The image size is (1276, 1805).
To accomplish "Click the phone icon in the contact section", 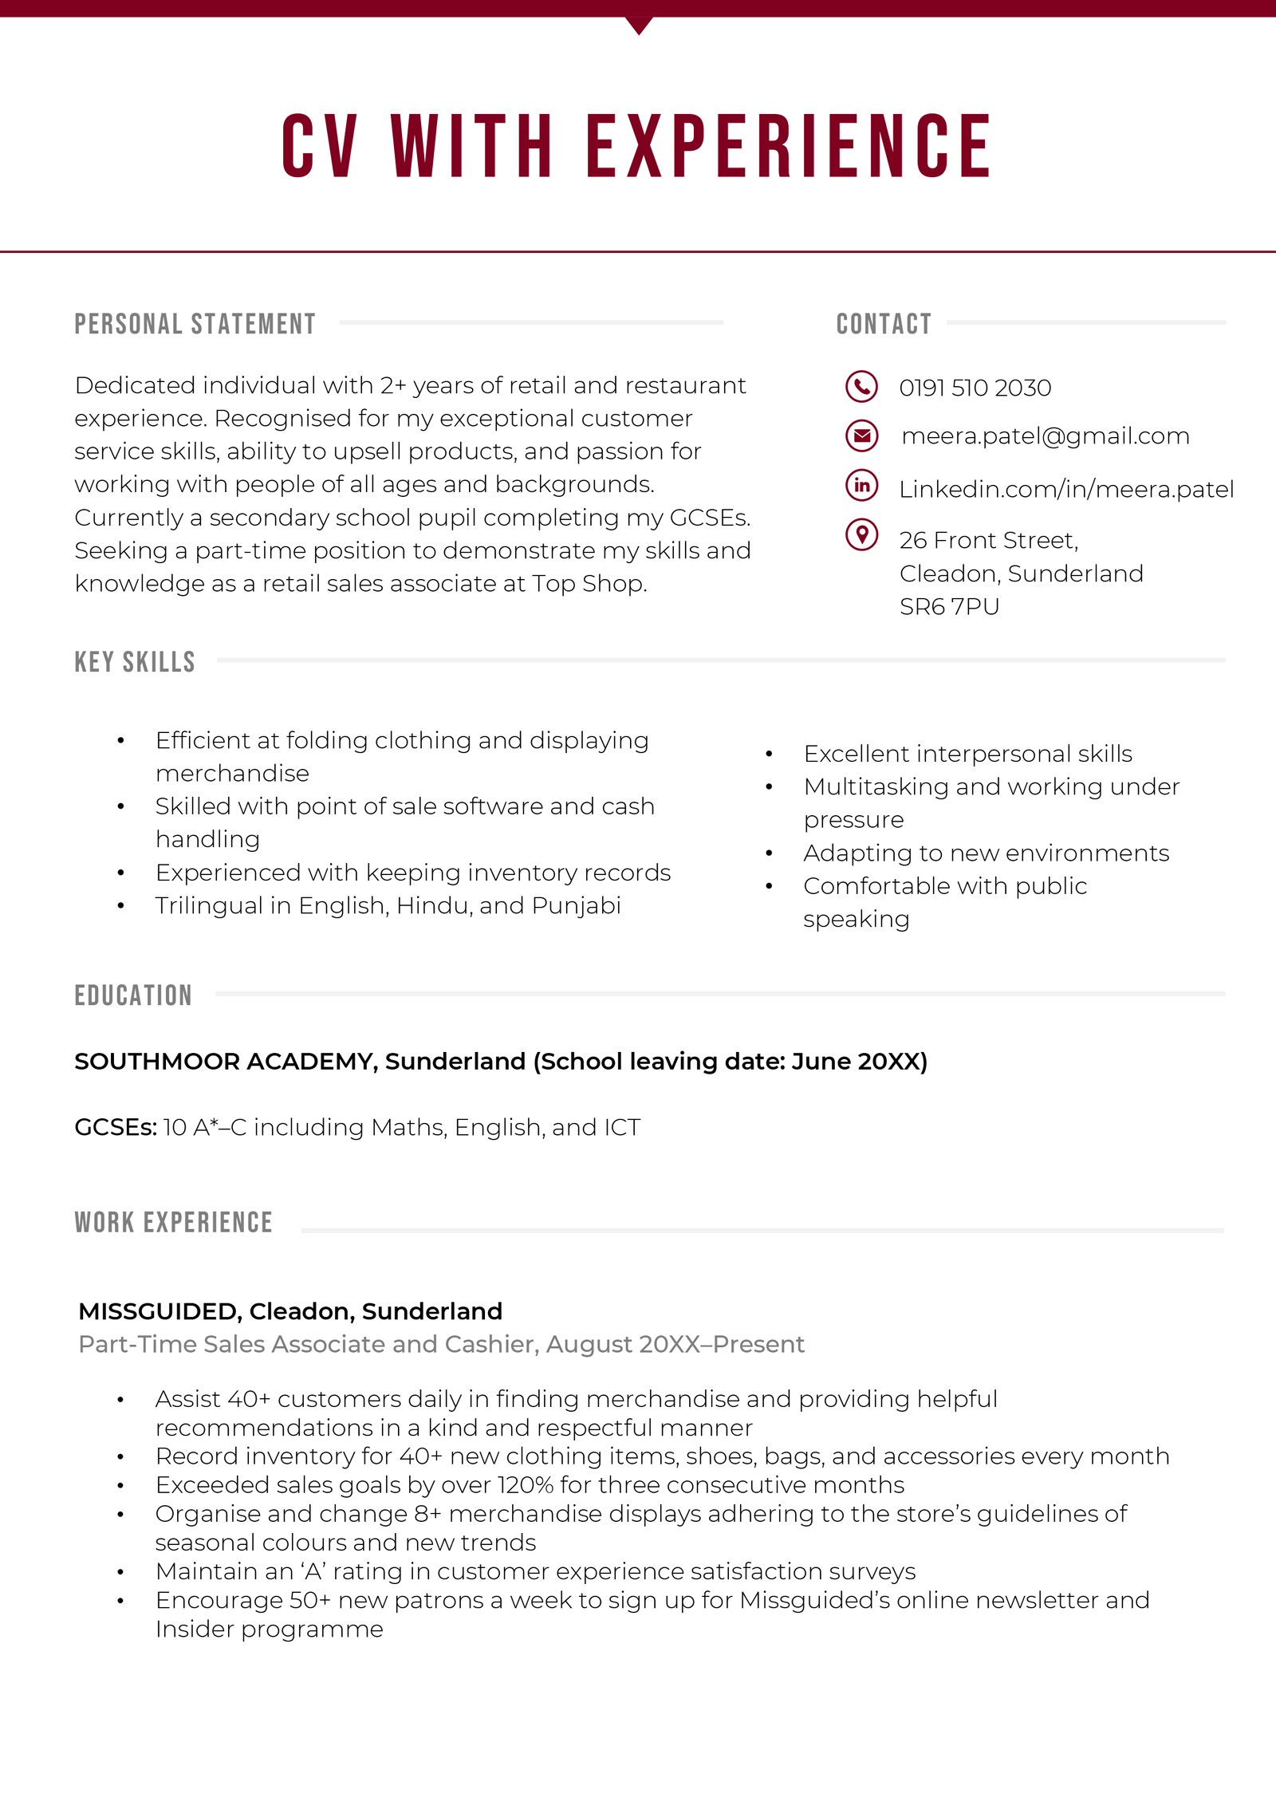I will click(861, 387).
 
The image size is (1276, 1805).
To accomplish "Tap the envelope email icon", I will click(861, 435).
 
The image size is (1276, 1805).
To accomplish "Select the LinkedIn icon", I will click(861, 486).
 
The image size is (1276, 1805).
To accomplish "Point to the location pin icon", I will click(861, 534).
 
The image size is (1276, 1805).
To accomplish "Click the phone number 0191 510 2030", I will click(975, 388).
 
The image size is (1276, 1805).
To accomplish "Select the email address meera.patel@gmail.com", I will click(1045, 436).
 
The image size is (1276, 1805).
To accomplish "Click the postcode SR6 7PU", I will click(949, 607).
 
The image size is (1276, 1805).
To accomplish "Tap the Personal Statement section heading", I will click(195, 324).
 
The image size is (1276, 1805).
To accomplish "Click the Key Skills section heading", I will click(135, 662).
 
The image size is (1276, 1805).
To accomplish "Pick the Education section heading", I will click(133, 995).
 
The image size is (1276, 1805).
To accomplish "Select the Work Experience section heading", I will click(174, 1223).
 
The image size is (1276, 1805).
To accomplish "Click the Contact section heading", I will click(884, 324).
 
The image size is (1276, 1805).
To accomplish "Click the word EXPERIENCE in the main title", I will click(789, 146).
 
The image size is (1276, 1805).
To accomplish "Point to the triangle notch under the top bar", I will click(639, 25).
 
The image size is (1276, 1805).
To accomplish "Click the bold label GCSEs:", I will click(116, 1128).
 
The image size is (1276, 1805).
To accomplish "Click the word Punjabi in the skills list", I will click(576, 906).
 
